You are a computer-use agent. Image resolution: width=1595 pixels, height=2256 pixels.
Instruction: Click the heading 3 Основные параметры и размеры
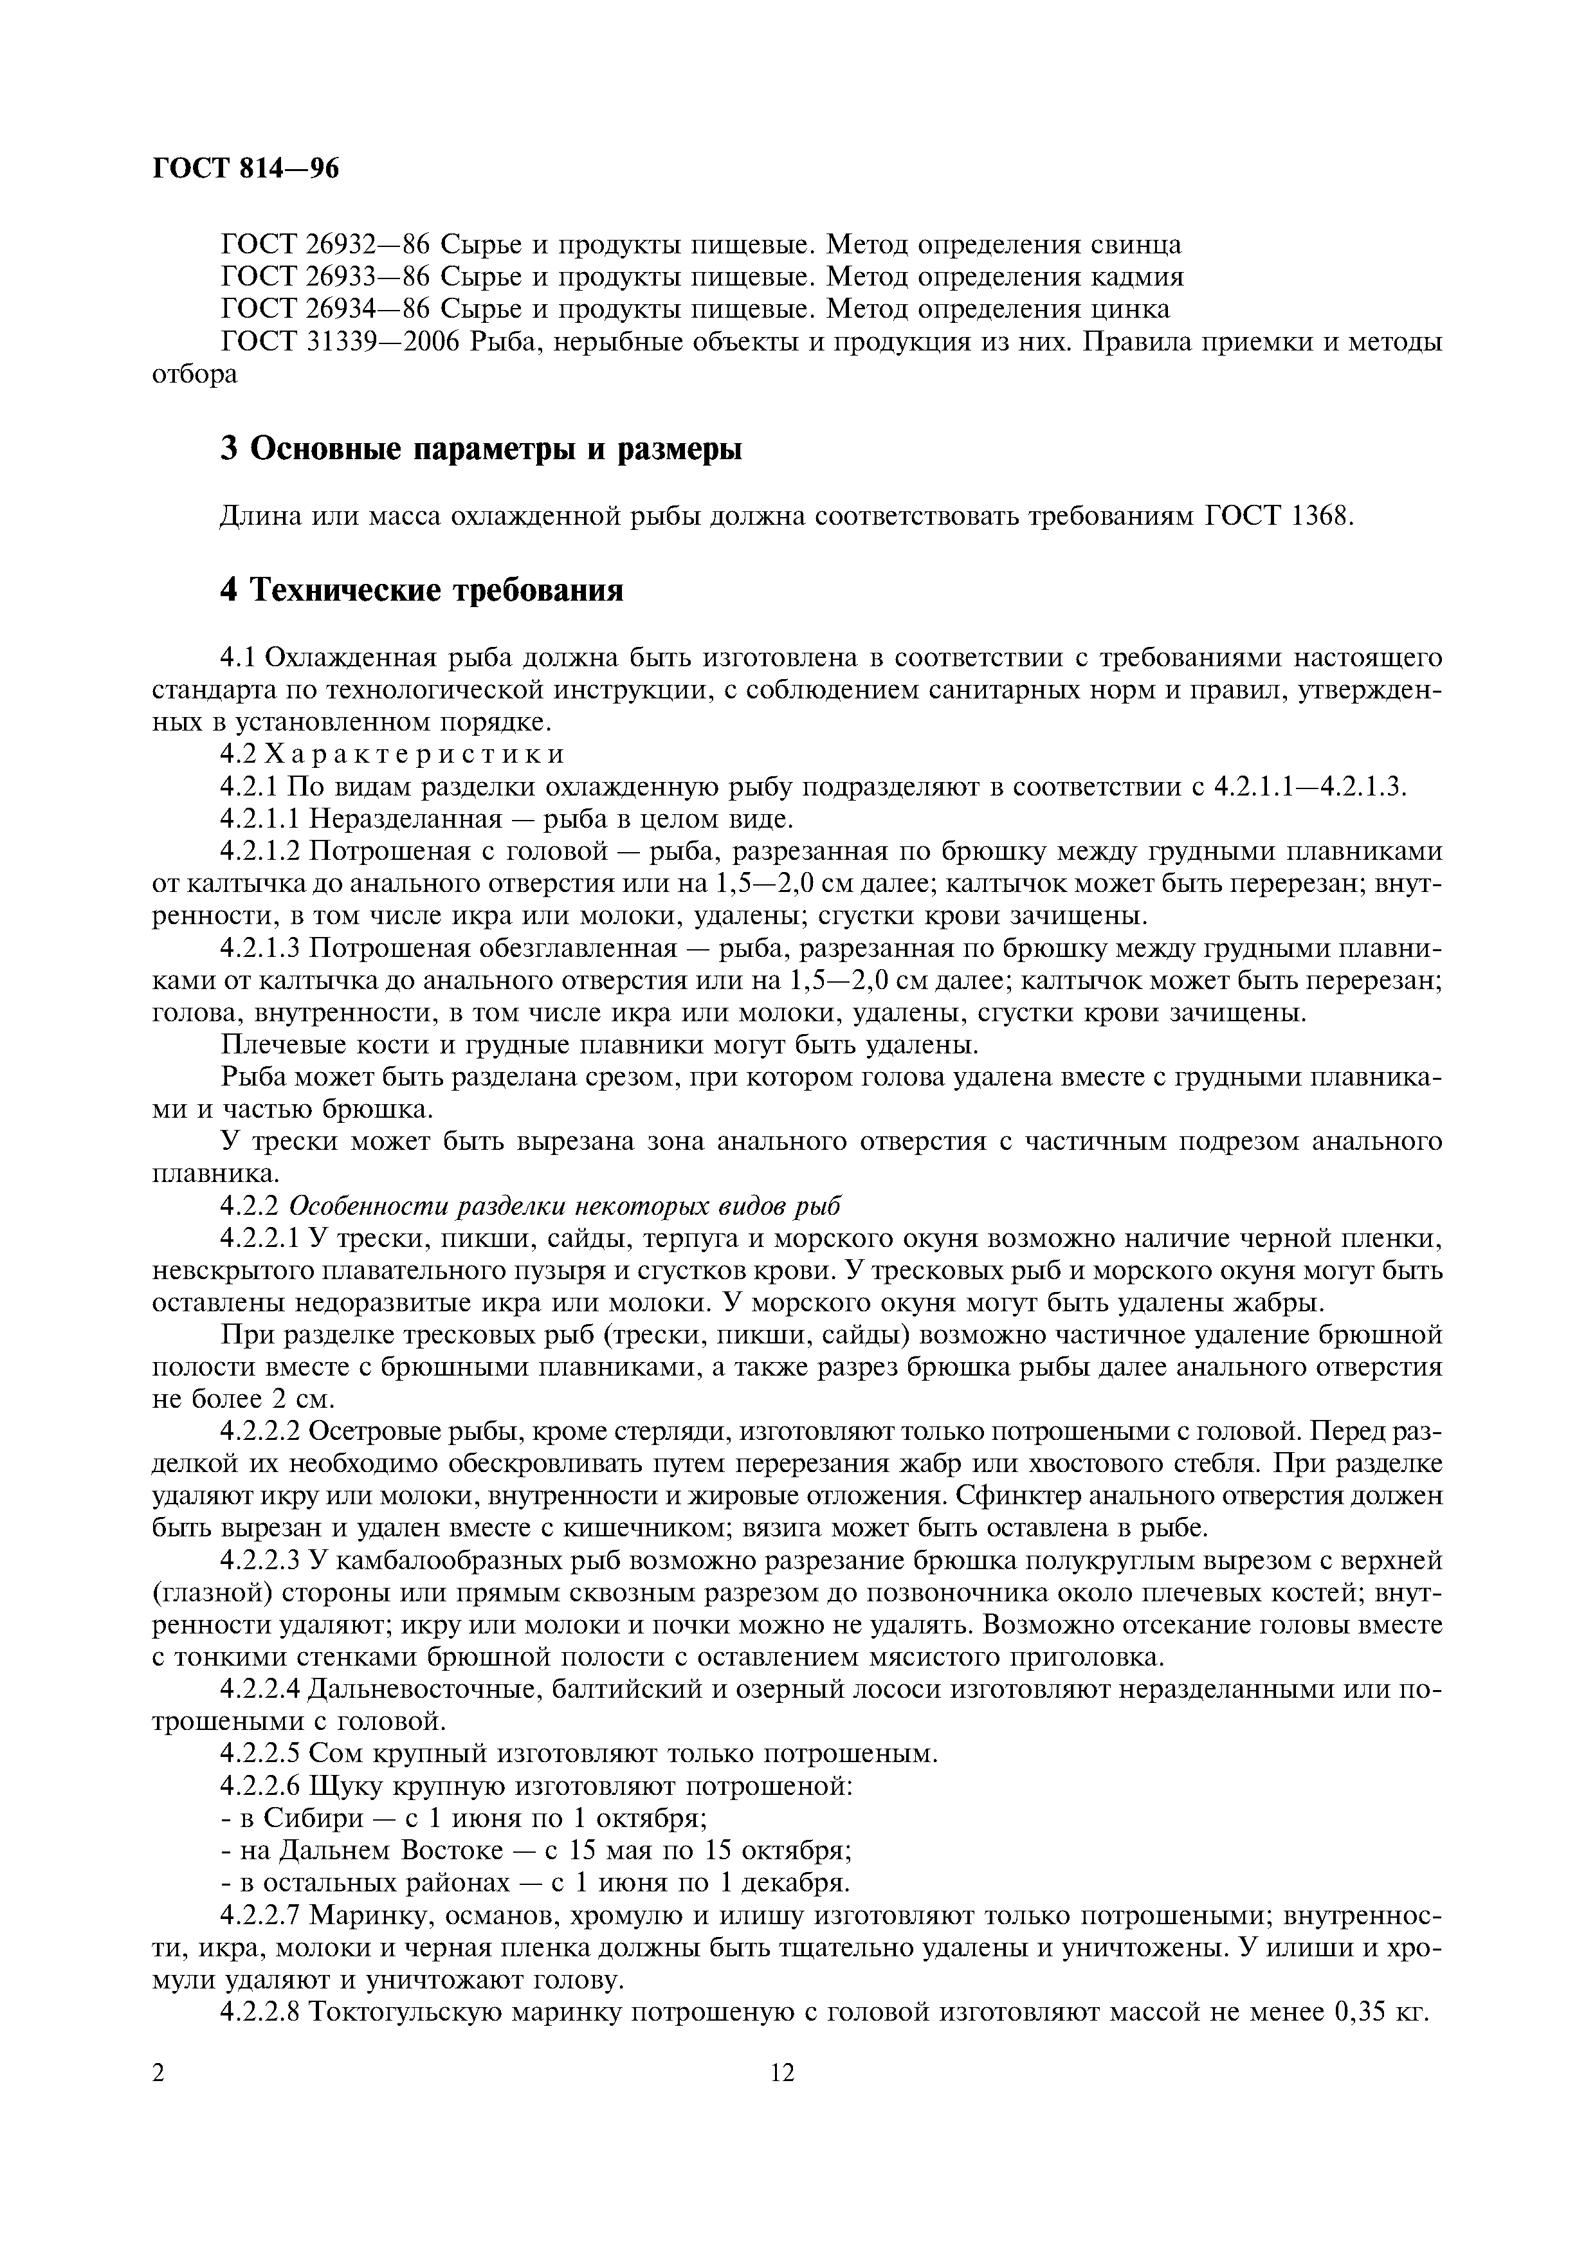point(480,448)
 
